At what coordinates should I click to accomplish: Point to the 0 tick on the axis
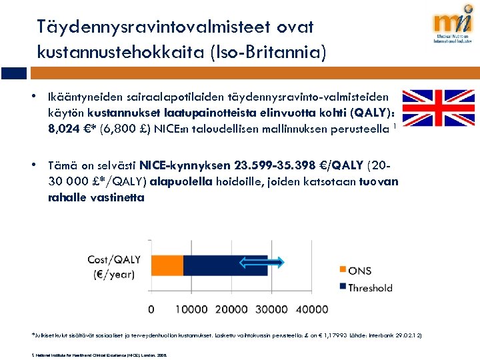(x=151, y=309)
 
